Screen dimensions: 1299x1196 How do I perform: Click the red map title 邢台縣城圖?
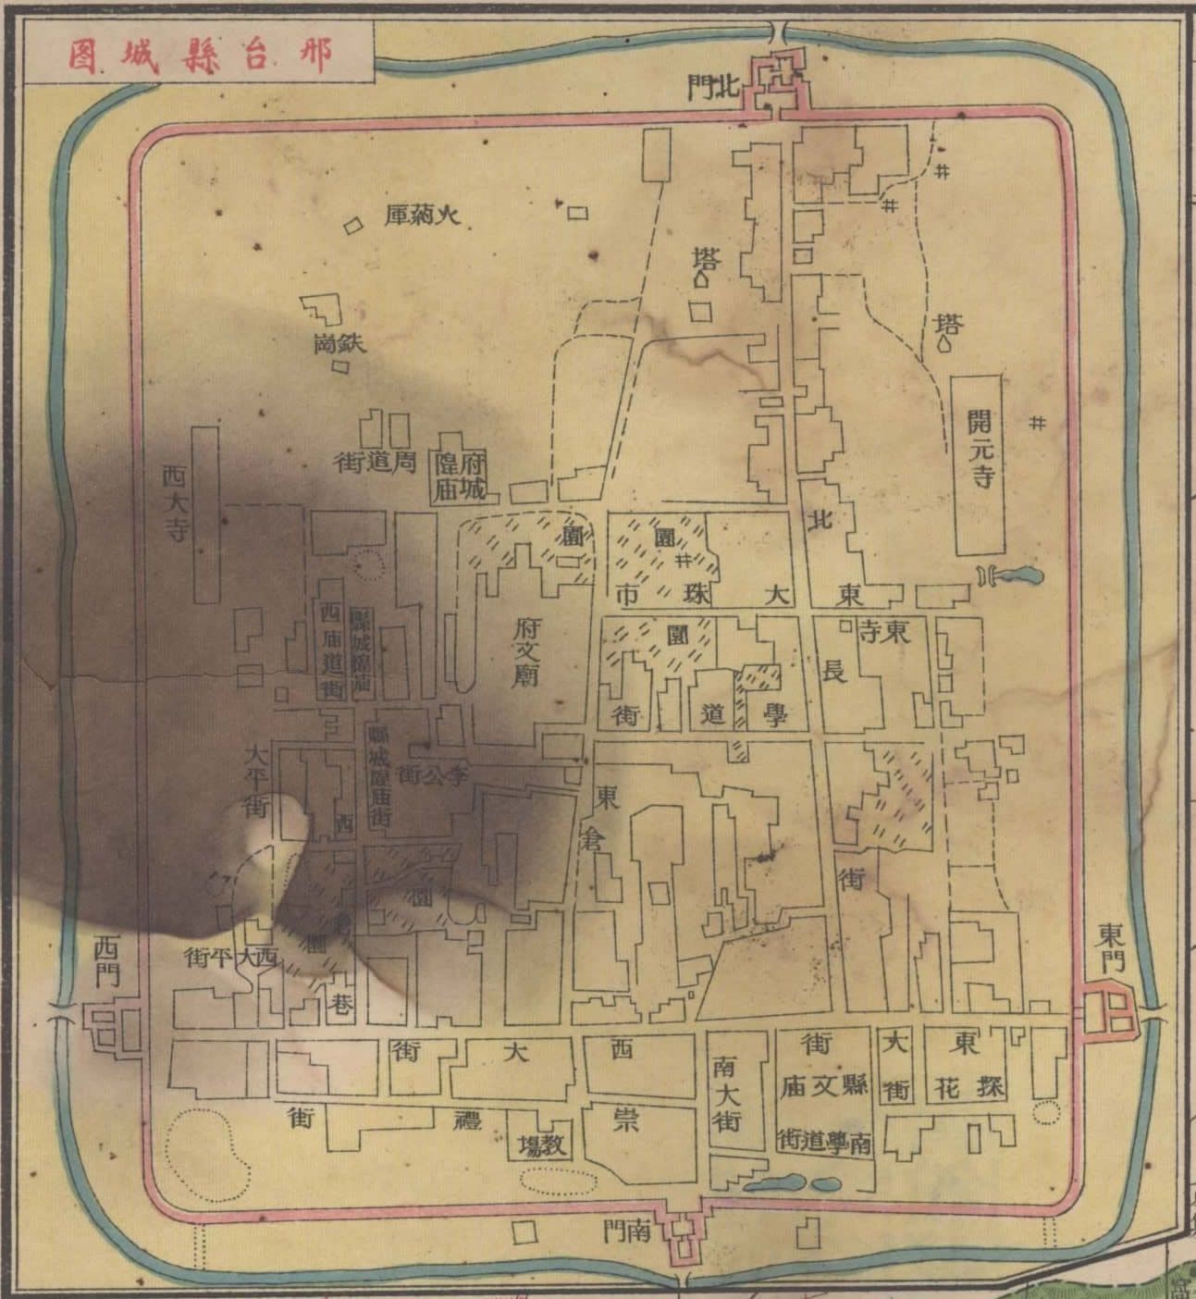200,55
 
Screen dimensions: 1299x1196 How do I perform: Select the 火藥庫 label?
422,216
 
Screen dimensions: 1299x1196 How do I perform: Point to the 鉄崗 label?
339,344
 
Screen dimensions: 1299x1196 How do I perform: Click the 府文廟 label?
524,652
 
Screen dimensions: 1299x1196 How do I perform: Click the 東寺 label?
882,633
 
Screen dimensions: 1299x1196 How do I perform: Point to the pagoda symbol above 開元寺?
943,344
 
